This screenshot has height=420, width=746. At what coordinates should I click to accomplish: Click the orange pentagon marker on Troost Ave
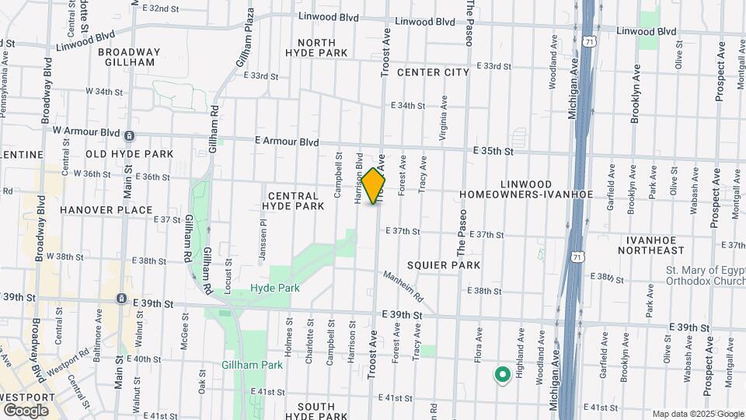pyautogui.click(x=374, y=187)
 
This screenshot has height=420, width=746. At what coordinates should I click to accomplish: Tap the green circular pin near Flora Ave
pyautogui.click(x=502, y=376)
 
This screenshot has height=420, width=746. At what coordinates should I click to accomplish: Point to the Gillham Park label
pyautogui.click(x=251, y=364)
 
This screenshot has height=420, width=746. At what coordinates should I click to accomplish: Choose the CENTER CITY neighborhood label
pyautogui.click(x=433, y=72)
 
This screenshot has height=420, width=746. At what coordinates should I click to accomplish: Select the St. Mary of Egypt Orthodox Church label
pyautogui.click(x=702, y=275)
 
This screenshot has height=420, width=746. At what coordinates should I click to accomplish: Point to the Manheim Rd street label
pyautogui.click(x=403, y=286)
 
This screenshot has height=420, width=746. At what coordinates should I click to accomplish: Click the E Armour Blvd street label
pyautogui.click(x=287, y=142)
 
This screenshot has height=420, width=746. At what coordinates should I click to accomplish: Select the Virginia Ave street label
pyautogui.click(x=444, y=117)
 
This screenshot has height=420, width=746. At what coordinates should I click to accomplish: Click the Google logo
pyautogui.click(x=26, y=410)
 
